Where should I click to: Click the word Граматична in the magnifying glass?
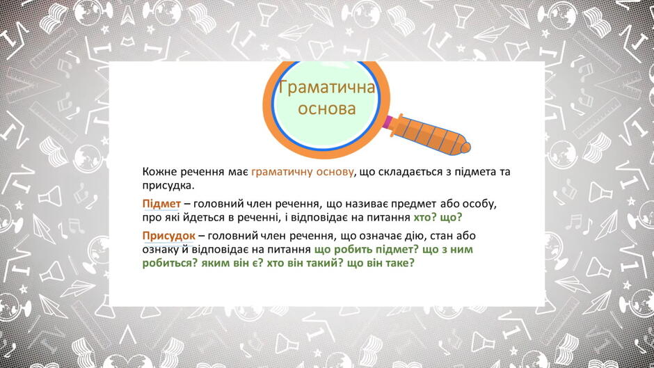tap(326, 88)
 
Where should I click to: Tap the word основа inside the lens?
tap(326, 109)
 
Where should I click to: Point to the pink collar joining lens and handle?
tap(388, 122)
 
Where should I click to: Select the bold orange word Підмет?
tap(161, 204)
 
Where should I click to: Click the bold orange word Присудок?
tap(168, 236)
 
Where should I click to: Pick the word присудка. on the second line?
tap(168, 186)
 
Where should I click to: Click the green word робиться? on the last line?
tap(170, 263)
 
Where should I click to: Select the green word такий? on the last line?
tap(324, 263)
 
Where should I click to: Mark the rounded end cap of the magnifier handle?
tap(465, 147)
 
